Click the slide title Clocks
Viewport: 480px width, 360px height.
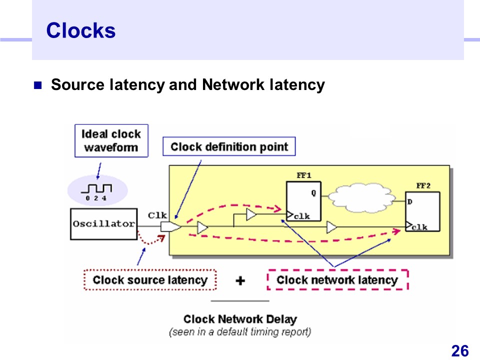[80, 31]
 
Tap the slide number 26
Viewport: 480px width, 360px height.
[459, 351]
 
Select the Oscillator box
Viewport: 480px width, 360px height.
[103, 224]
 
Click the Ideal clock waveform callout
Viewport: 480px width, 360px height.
[111, 140]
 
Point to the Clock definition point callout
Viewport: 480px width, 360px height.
[229, 146]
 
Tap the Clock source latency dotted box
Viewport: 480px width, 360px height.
[149, 280]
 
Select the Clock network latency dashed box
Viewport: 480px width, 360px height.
[338, 280]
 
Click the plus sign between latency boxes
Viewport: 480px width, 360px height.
[240, 280]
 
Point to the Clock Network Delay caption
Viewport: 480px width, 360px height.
[240, 319]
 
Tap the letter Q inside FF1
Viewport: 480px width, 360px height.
[314, 192]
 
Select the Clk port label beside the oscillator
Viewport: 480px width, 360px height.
[157, 215]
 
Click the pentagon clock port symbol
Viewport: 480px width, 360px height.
[170, 227]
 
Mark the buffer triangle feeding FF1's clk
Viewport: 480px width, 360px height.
[251, 215]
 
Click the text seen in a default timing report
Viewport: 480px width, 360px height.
[240, 331]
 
